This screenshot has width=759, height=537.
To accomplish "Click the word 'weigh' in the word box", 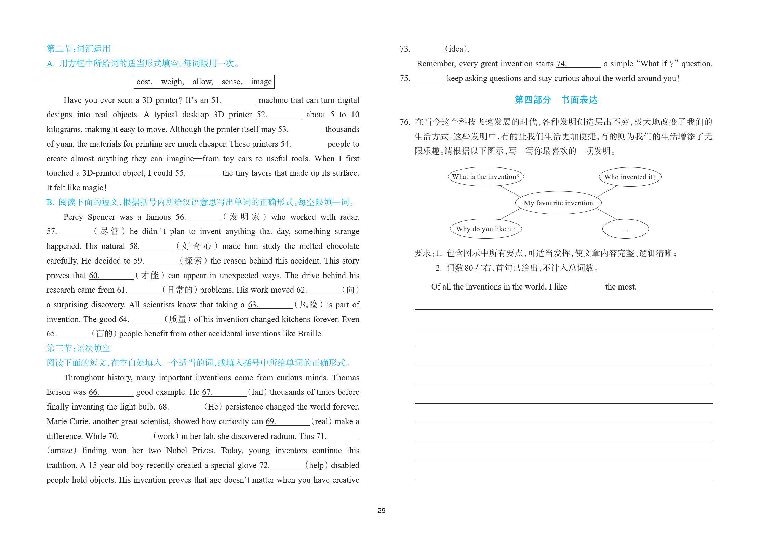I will (172, 82).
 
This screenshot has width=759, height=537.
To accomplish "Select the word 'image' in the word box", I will (261, 82).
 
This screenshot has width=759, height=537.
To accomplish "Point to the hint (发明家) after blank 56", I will (244, 217).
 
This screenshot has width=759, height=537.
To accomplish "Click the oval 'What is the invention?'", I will (485, 177).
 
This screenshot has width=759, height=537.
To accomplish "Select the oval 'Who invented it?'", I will (630, 177).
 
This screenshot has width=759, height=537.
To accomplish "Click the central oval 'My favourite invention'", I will (558, 203).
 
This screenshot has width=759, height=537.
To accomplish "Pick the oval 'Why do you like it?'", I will (485, 229).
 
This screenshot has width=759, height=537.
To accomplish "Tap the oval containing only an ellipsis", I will (625, 229).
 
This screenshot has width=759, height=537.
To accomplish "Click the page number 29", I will (381, 510).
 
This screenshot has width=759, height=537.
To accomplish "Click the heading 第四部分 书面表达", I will (556, 100).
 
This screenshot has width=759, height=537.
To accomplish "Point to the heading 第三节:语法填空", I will (78, 348).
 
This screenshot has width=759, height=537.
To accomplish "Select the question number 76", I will (405, 122).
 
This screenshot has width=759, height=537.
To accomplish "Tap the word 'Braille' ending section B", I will (309, 334).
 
